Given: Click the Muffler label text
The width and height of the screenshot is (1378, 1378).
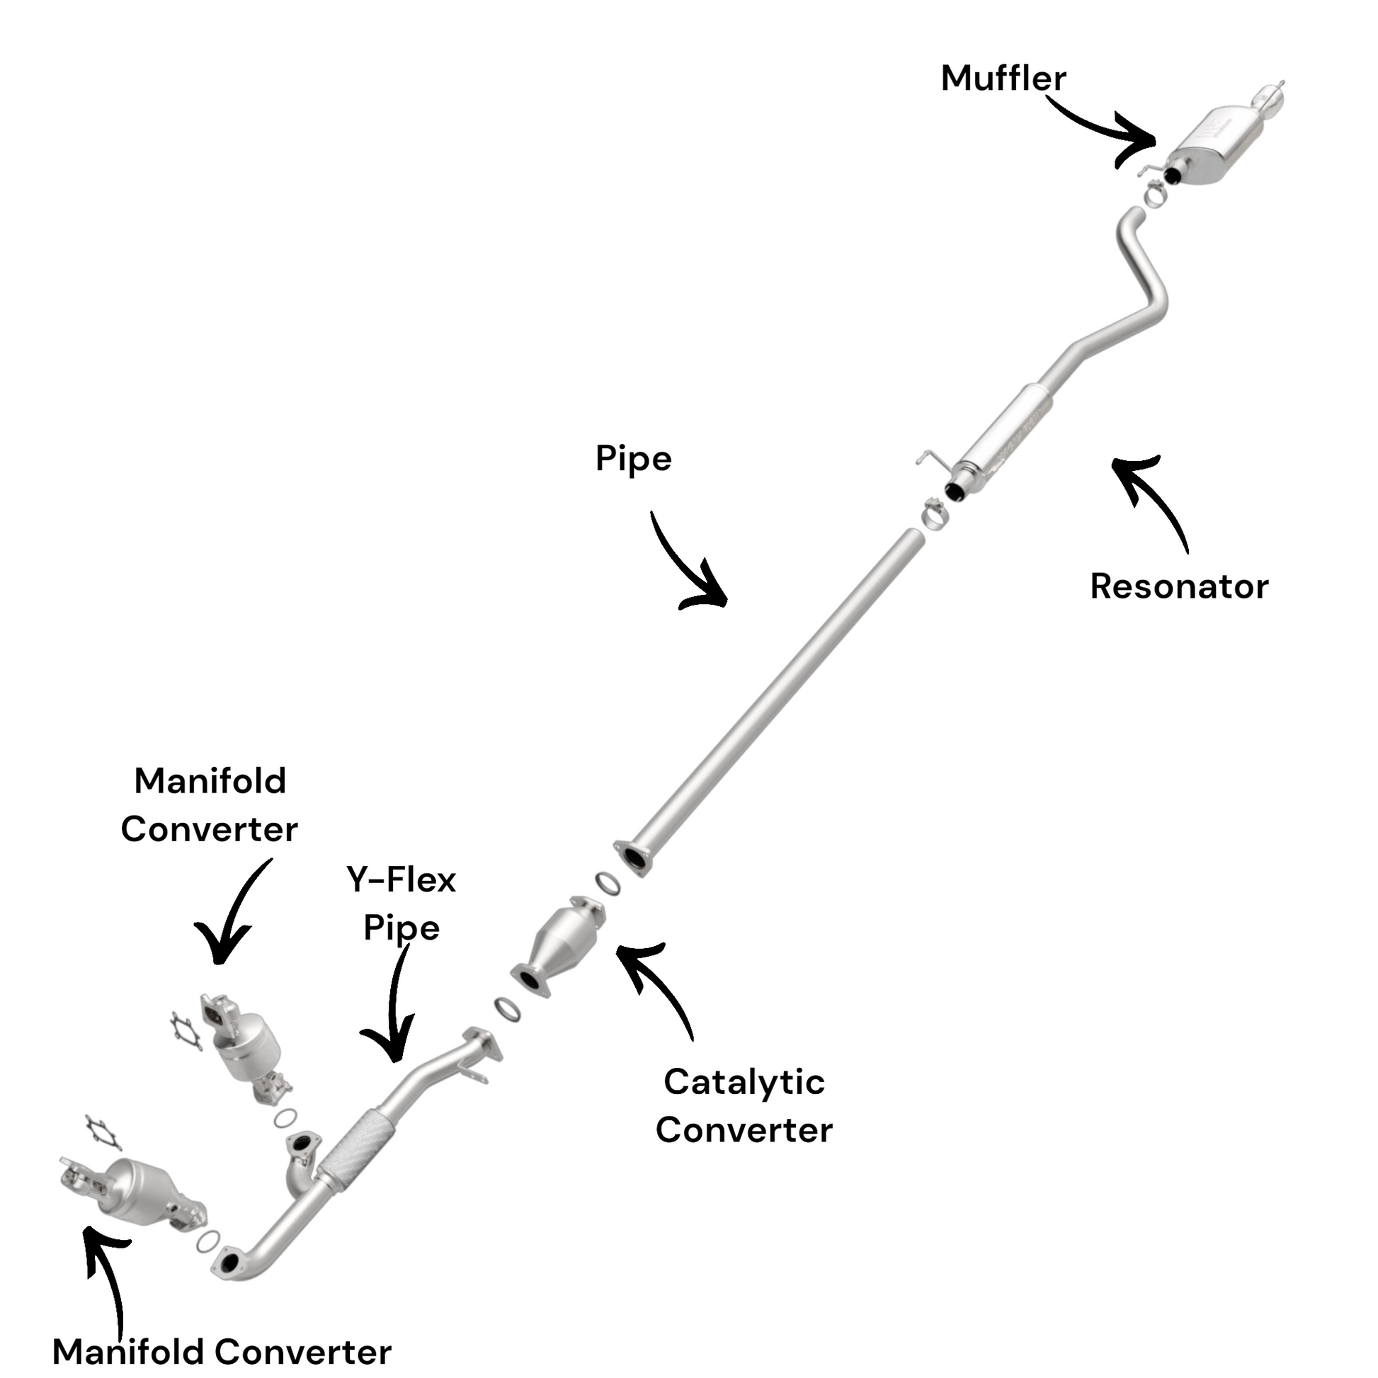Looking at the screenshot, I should (x=1003, y=79).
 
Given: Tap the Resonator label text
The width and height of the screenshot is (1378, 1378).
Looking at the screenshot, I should (x=1179, y=587).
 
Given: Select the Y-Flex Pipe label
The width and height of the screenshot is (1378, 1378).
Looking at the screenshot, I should (x=402, y=904).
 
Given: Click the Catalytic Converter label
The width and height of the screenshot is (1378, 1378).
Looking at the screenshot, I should (x=744, y=1105).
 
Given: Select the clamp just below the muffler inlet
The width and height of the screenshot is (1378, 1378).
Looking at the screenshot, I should (x=1155, y=192).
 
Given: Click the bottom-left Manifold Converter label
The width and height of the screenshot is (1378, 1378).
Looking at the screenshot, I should (x=222, y=1352).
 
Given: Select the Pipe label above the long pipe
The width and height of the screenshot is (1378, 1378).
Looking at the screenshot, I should (x=633, y=459).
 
